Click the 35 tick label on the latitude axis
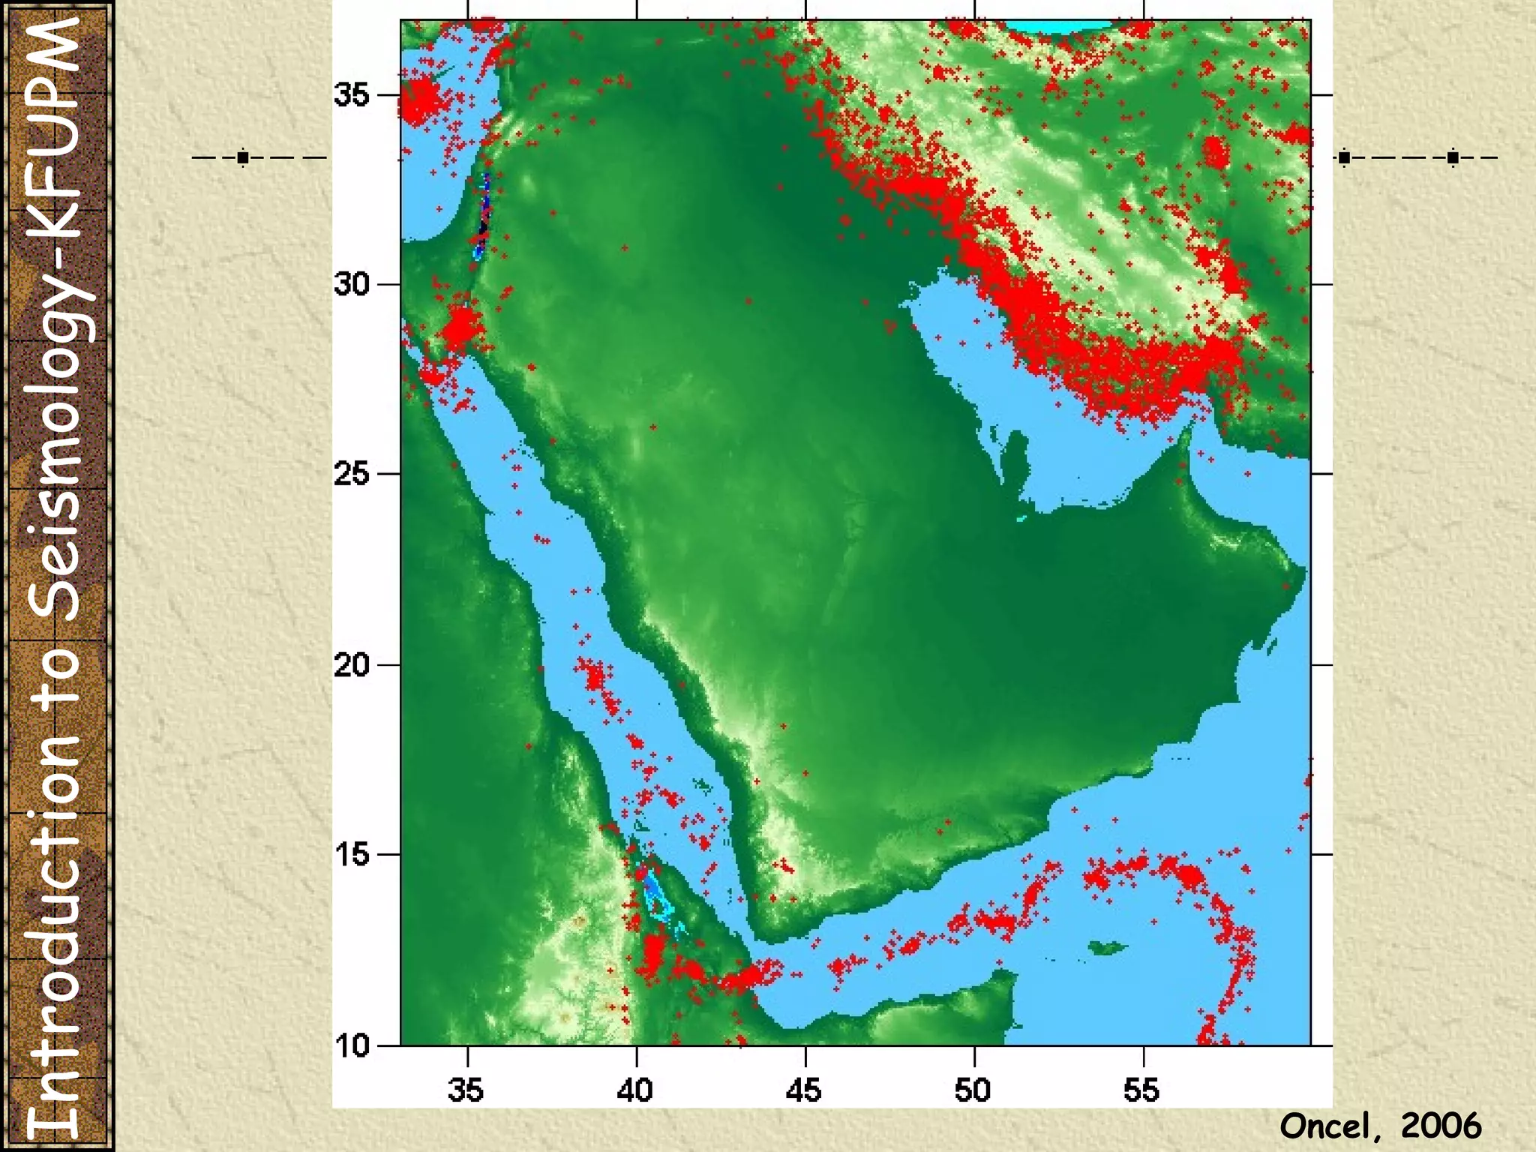point(352,96)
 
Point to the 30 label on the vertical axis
point(352,285)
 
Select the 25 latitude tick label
point(352,474)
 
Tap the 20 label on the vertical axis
point(352,664)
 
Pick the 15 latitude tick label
point(352,854)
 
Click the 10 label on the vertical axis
point(352,1045)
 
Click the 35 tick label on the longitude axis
point(466,1090)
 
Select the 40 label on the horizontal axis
point(635,1090)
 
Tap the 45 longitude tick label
point(804,1090)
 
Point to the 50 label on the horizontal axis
point(973,1090)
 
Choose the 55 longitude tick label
point(1141,1090)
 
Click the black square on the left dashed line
point(242,157)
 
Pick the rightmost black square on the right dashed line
point(1453,157)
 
